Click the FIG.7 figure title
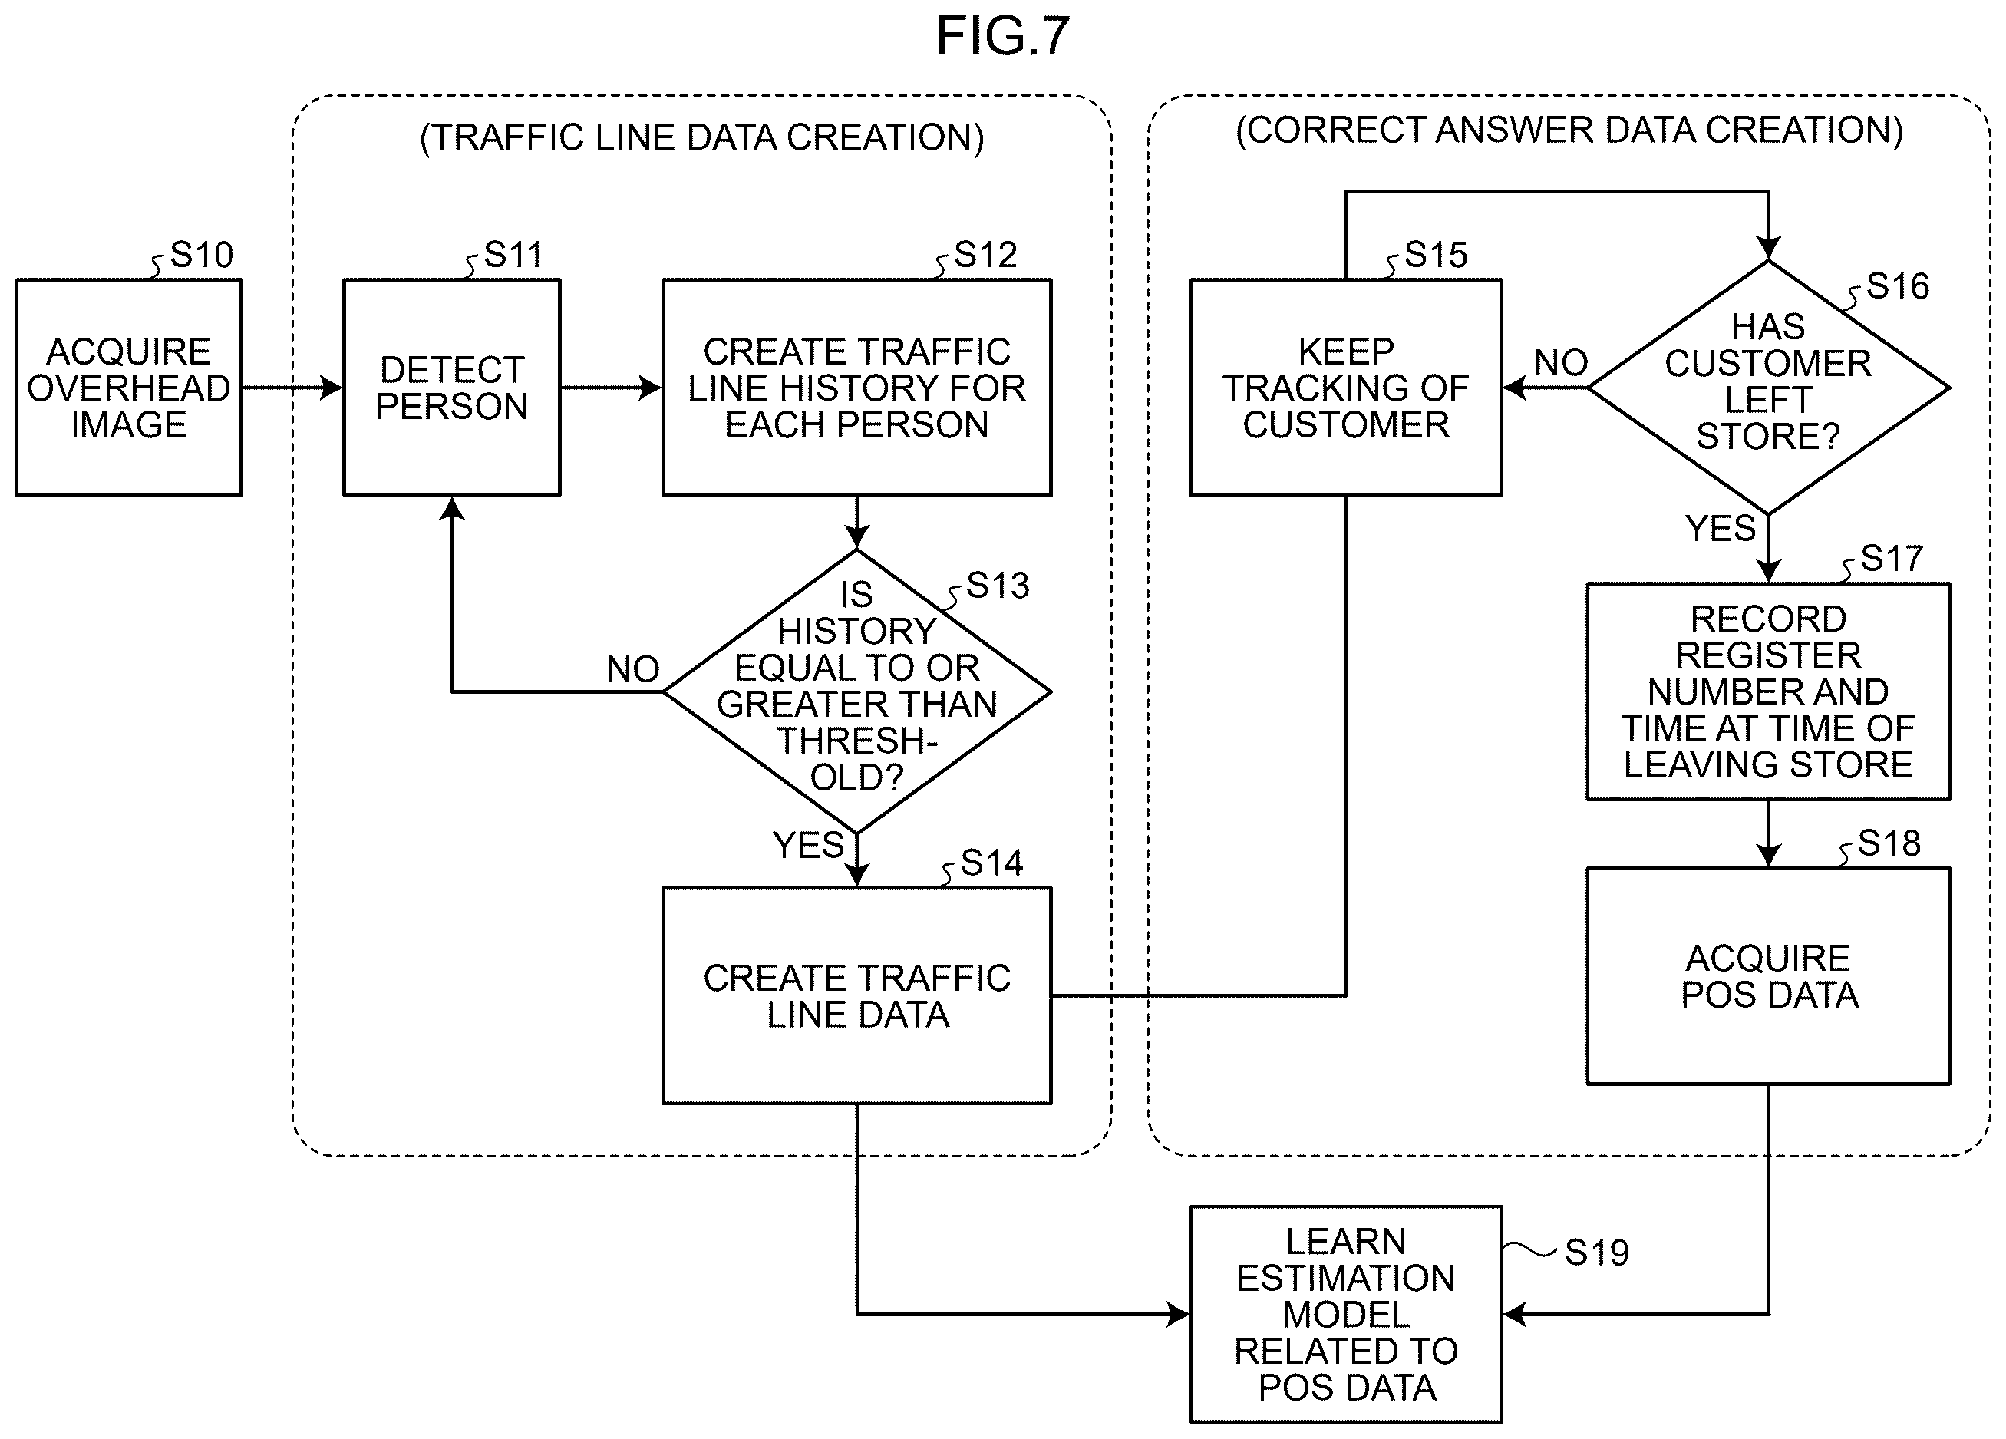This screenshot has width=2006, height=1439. tap(1003, 37)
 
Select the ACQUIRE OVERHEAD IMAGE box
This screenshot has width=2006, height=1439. tap(128, 388)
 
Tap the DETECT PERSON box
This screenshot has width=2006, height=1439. tap(452, 388)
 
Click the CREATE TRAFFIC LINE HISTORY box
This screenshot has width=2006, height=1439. tap(857, 388)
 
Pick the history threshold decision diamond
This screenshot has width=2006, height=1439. tap(857, 691)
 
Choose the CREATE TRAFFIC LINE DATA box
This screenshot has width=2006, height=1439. tap(857, 996)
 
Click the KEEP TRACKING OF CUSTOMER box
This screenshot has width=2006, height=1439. tap(1346, 388)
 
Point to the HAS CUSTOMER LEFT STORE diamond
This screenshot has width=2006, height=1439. tap(1768, 388)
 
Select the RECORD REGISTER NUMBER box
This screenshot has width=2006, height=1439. tap(1768, 691)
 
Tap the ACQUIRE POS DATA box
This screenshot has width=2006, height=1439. tap(1768, 976)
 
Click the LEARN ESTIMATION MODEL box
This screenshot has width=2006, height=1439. tap(1346, 1315)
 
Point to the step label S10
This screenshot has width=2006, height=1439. tap(202, 255)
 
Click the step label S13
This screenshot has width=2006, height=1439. tap(998, 586)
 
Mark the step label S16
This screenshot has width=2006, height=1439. tap(1898, 286)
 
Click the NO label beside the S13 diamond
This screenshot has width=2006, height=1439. tap(633, 669)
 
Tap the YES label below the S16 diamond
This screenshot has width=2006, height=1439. tap(1721, 529)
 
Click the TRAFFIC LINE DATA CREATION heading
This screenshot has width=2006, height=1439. tap(702, 138)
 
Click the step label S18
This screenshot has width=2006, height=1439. tap(1889, 843)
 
